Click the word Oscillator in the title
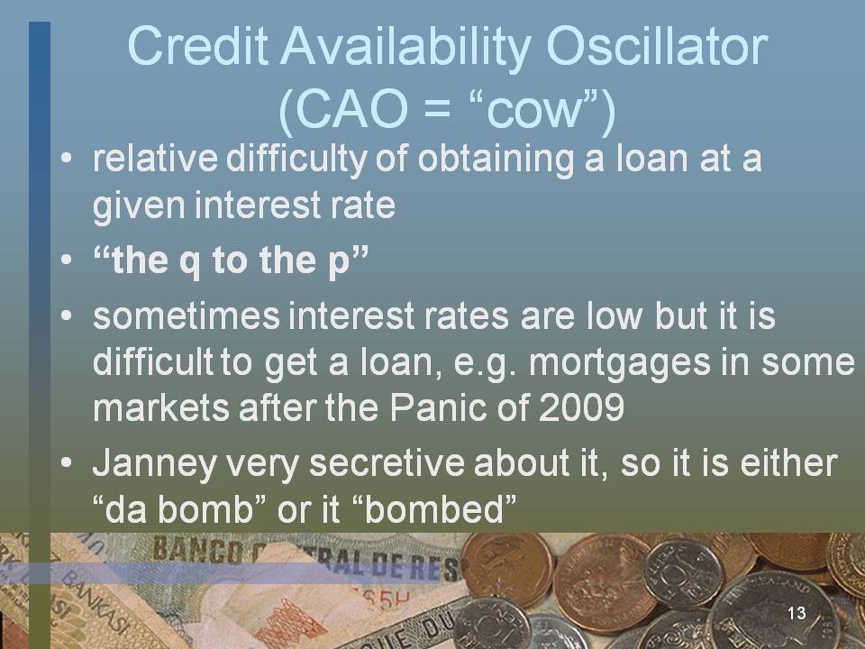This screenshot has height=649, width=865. [657, 46]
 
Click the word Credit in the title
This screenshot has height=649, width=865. [197, 46]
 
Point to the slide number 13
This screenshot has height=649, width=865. [797, 613]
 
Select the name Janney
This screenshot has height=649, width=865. [155, 463]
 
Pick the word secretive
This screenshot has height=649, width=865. [387, 462]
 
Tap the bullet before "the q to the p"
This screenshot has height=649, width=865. [67, 260]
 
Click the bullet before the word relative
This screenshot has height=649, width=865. [67, 158]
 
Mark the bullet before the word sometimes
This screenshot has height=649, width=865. [67, 315]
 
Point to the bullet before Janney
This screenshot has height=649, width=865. [67, 462]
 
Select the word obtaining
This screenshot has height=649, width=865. [496, 160]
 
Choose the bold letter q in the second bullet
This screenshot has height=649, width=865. [190, 262]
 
